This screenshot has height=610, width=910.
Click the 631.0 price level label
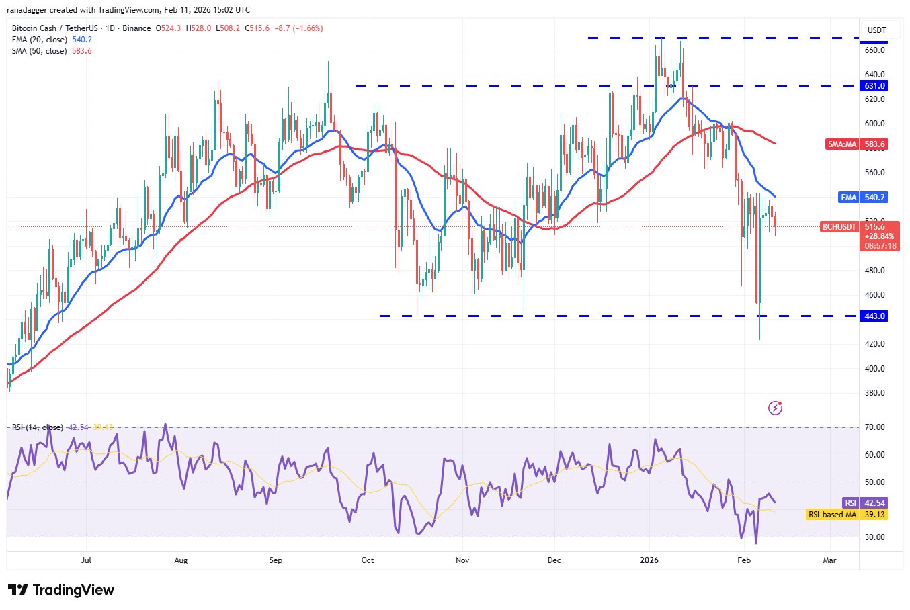(x=874, y=86)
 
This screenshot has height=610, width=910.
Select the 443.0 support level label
(x=874, y=316)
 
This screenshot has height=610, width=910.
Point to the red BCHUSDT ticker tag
(x=839, y=227)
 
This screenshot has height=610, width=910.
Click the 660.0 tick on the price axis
(x=874, y=50)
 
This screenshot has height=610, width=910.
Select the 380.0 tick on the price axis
(x=874, y=393)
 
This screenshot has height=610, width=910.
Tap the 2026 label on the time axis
(x=649, y=560)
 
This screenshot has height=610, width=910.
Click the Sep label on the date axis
(x=275, y=560)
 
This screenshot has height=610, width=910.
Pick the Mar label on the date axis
(x=830, y=560)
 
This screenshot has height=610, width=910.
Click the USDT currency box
(x=877, y=30)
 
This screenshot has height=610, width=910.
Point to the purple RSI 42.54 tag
(x=865, y=503)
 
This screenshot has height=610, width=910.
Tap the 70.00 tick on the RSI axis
(x=874, y=427)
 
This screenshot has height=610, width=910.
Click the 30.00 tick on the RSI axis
(x=874, y=537)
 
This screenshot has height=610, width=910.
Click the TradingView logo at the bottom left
(x=61, y=590)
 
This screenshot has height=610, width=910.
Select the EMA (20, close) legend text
(x=40, y=40)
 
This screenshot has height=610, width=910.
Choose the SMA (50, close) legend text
(x=40, y=51)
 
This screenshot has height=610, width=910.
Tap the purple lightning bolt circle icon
(x=775, y=408)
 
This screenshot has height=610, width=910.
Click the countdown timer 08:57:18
(x=880, y=246)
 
